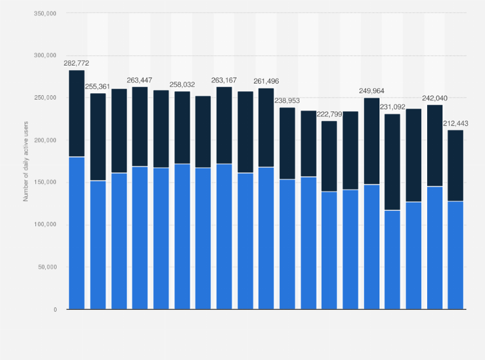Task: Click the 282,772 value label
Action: (x=77, y=64)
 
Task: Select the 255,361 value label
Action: (x=98, y=87)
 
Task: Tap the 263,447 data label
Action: (x=140, y=80)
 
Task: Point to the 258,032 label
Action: (x=182, y=85)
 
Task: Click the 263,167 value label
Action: (x=224, y=80)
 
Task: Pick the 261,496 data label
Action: (x=266, y=82)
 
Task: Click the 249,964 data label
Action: (x=371, y=91)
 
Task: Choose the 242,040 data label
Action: (x=434, y=98)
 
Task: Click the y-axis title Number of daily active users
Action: (x=26, y=160)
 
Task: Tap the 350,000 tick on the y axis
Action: (x=44, y=14)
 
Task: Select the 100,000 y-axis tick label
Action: (x=44, y=225)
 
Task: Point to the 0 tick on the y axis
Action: (x=54, y=310)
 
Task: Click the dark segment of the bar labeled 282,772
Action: (x=77, y=113)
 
